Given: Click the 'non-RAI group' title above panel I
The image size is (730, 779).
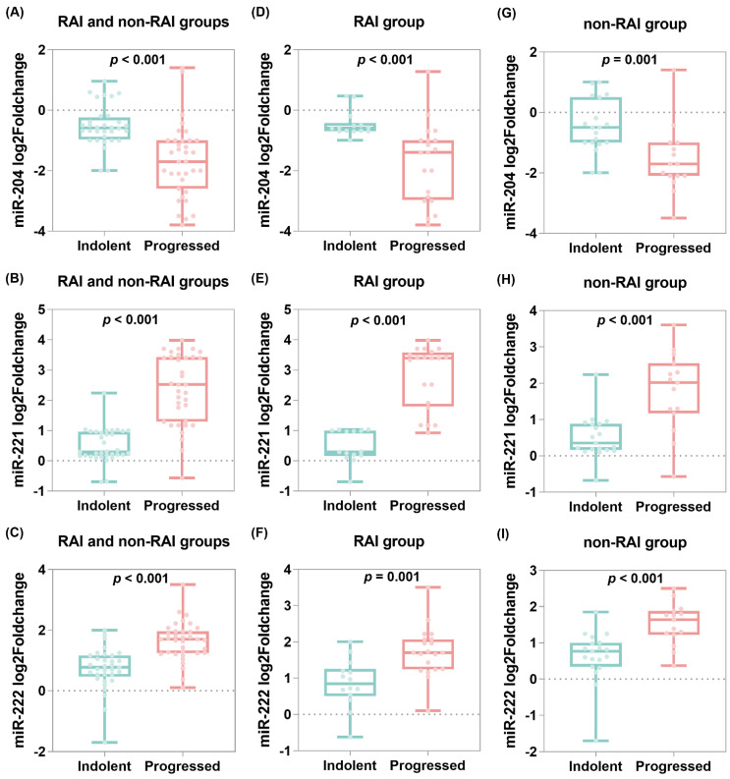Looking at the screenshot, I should coord(638,540).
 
